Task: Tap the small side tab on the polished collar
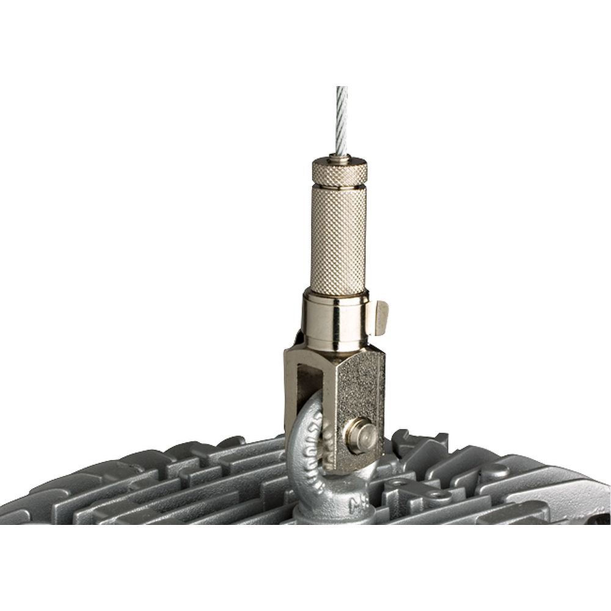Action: tap(382, 316)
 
